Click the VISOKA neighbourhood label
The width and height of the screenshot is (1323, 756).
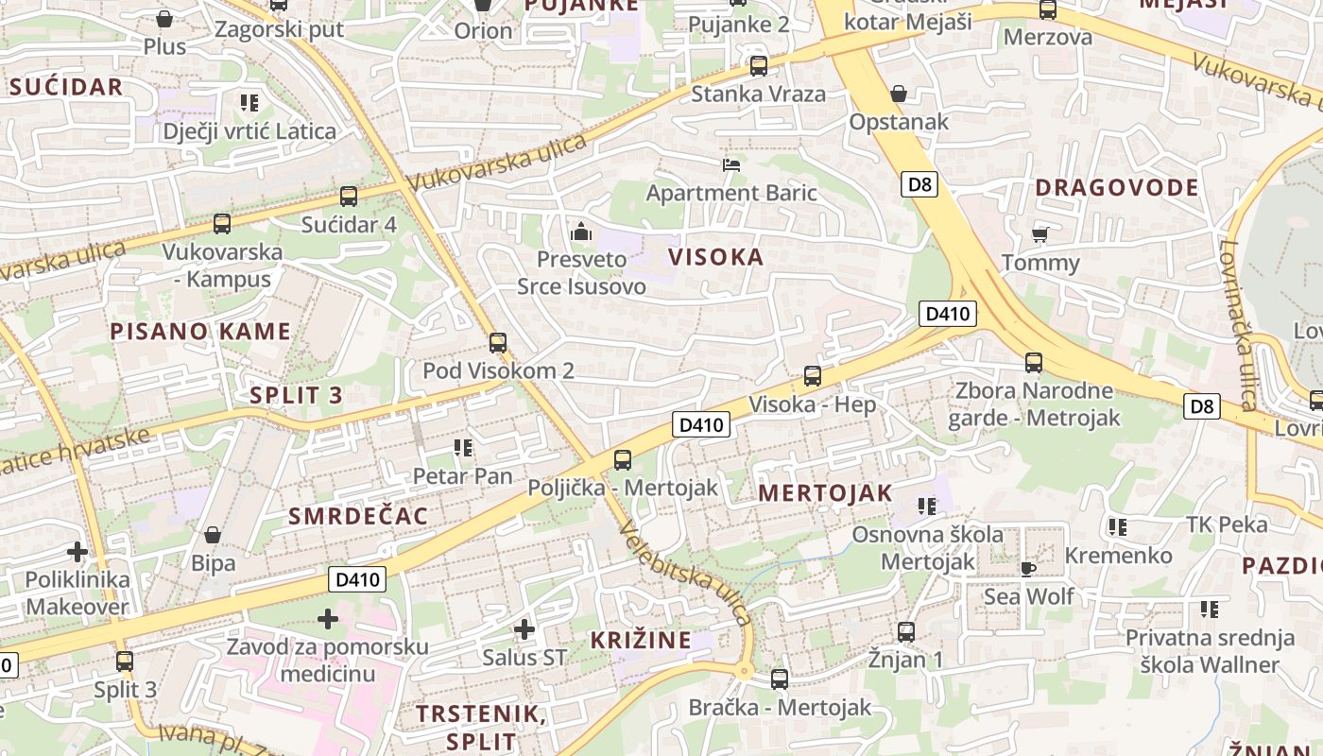(x=715, y=257)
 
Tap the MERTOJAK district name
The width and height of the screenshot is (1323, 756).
(x=825, y=492)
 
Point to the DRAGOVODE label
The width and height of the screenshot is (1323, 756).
(x=1116, y=187)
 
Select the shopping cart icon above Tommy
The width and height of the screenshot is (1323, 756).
(x=1039, y=234)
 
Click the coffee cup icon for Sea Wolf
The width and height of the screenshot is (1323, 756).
(x=1028, y=568)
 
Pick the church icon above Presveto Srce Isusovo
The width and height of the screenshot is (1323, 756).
(x=580, y=231)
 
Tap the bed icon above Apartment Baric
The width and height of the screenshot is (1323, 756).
(x=730, y=165)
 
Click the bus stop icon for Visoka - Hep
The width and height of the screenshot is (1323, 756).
(x=812, y=376)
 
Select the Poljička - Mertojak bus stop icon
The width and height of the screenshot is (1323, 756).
(x=622, y=460)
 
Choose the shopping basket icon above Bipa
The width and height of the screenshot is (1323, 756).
(x=213, y=535)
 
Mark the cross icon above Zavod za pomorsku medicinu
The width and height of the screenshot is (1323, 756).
(x=328, y=619)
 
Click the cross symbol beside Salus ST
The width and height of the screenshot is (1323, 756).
(x=524, y=628)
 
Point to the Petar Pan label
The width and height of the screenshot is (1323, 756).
(x=462, y=475)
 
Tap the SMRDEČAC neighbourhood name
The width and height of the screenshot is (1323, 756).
(x=358, y=516)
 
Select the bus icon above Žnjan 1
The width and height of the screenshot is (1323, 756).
(x=905, y=631)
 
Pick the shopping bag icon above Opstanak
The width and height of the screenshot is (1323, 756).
(x=898, y=94)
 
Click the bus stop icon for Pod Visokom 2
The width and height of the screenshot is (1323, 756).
(x=498, y=342)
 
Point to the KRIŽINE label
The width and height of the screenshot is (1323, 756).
(x=641, y=640)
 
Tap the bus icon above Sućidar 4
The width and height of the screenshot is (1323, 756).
(x=348, y=197)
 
